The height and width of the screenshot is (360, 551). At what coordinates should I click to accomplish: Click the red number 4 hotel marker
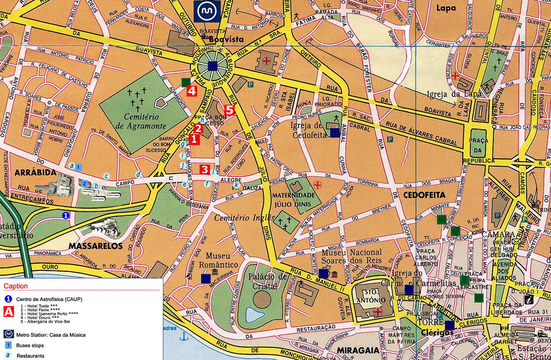[x=192, y=90]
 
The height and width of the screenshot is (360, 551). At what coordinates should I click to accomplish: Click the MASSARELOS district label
[x=96, y=246]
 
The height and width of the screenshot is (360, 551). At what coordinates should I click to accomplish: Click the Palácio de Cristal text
[x=268, y=281]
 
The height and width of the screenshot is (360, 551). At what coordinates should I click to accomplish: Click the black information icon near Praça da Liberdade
[x=529, y=299]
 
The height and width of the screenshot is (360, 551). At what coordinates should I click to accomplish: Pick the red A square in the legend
[x=8, y=312]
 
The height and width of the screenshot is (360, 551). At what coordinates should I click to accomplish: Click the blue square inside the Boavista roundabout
[x=212, y=66]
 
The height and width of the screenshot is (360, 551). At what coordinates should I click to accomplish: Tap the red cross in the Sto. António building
[x=378, y=312]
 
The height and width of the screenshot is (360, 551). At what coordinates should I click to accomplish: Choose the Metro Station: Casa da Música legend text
[x=51, y=335]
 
